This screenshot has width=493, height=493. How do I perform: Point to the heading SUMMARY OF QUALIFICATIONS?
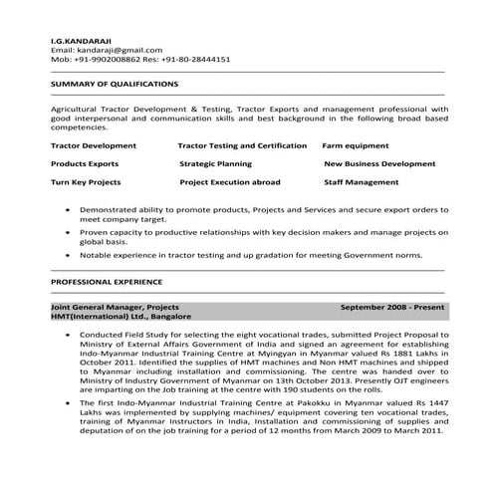pos(116,84)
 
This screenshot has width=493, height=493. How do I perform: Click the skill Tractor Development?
pos(94,144)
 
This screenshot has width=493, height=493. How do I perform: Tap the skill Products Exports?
pos(85,163)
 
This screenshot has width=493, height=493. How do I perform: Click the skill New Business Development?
pos(380,163)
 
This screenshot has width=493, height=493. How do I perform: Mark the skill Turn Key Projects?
pos(86,182)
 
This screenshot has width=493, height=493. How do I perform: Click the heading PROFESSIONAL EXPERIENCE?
pos(107,283)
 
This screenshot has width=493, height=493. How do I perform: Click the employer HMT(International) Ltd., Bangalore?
pos(121,317)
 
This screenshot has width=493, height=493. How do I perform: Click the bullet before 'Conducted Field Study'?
pos(67,336)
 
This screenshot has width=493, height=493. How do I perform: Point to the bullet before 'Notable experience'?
pos(67,255)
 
